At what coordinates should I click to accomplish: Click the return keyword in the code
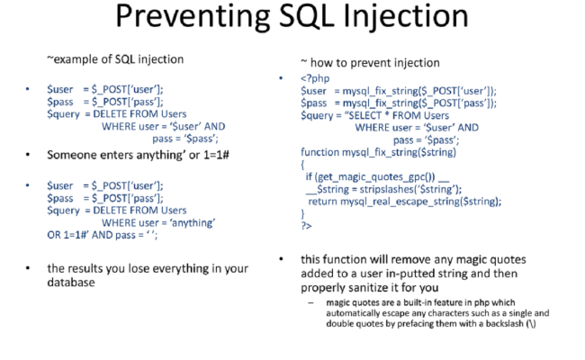click(322, 202)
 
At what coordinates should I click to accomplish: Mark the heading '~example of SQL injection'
click(115, 59)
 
